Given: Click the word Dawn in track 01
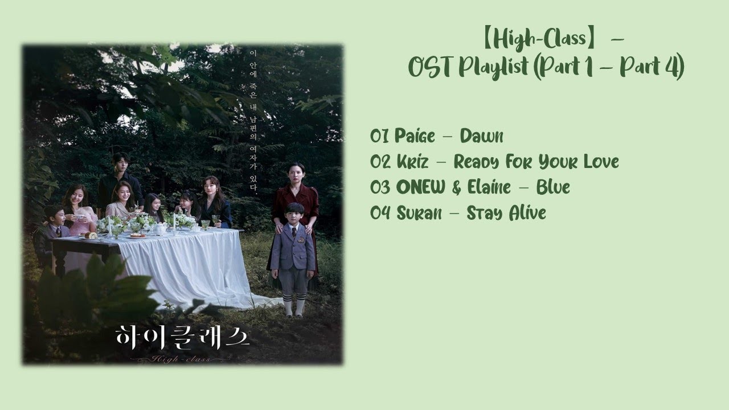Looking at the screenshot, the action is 481,136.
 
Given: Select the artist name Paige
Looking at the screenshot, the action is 415,137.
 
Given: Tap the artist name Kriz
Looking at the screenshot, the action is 412,162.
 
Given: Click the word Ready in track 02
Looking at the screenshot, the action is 476,162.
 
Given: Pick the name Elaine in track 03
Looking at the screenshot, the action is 489,187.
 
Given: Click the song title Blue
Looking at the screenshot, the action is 553,187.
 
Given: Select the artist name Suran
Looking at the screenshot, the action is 419,213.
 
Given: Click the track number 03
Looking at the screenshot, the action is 380,187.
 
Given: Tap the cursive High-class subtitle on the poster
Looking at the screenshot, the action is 181,359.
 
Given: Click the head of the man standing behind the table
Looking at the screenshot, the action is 120,163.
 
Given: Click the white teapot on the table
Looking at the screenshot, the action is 160,229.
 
